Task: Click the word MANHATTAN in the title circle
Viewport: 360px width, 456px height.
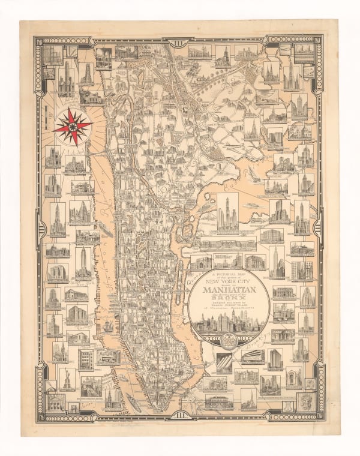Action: (x=229, y=290)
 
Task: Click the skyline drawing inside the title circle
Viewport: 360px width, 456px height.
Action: (x=229, y=325)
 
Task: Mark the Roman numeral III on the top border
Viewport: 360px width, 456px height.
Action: (x=180, y=39)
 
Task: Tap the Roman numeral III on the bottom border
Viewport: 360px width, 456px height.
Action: (x=180, y=415)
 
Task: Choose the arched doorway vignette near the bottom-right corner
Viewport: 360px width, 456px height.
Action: (x=294, y=377)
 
